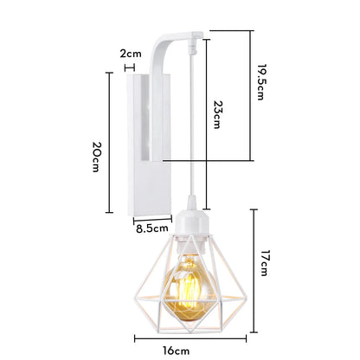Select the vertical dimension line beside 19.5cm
250,95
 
